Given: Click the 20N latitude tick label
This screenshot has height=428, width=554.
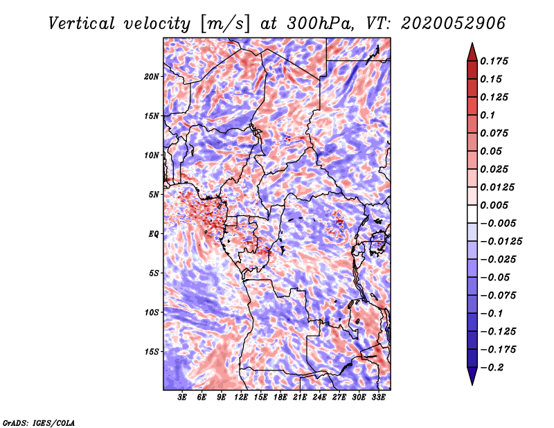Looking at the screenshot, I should pyautogui.click(x=152, y=76).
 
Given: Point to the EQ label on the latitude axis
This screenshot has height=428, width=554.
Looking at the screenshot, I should pyautogui.click(x=154, y=234).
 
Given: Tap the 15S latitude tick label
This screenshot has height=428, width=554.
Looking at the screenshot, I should pyautogui.click(x=152, y=352).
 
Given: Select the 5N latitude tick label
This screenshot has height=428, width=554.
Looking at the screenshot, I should pyautogui.click(x=154, y=195).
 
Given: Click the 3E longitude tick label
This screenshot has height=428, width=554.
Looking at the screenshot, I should pyautogui.click(x=183, y=398).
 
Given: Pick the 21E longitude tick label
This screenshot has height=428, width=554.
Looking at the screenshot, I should pyautogui.click(x=300, y=398).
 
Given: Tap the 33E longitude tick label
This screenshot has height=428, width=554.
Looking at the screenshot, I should pyautogui.click(x=378, y=398).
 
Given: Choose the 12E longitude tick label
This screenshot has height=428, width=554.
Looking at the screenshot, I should pyautogui.click(x=242, y=398).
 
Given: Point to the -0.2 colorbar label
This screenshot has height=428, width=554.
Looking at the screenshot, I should pyautogui.click(x=494, y=367).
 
